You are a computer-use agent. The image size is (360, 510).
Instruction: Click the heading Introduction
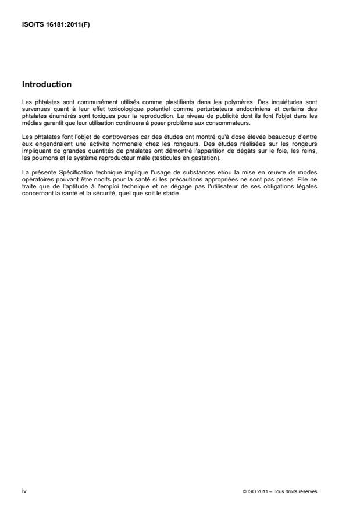pos(47,84)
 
